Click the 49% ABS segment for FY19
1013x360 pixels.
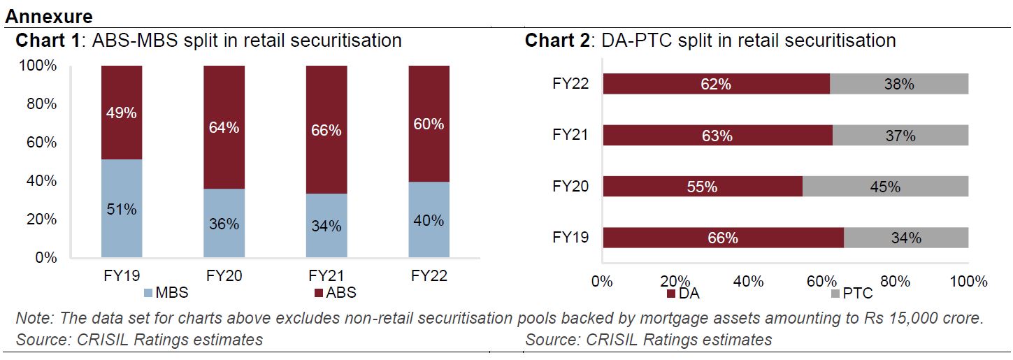122,113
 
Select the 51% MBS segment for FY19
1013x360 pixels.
122,208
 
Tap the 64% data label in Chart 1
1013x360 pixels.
224,128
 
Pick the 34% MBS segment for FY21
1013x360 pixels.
326,225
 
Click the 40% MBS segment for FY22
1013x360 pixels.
429,219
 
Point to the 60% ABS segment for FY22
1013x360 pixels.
429,124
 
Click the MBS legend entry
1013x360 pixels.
166,292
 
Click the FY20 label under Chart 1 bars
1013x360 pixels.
224,275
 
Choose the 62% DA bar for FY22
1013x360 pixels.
716,84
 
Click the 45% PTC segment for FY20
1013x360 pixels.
885,187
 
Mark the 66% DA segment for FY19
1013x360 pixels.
723,238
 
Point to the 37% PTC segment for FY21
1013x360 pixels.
900,136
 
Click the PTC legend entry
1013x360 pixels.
851,294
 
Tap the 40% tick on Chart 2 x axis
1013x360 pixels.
749,282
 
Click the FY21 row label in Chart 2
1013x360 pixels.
570,135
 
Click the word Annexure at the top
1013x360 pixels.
49,15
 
